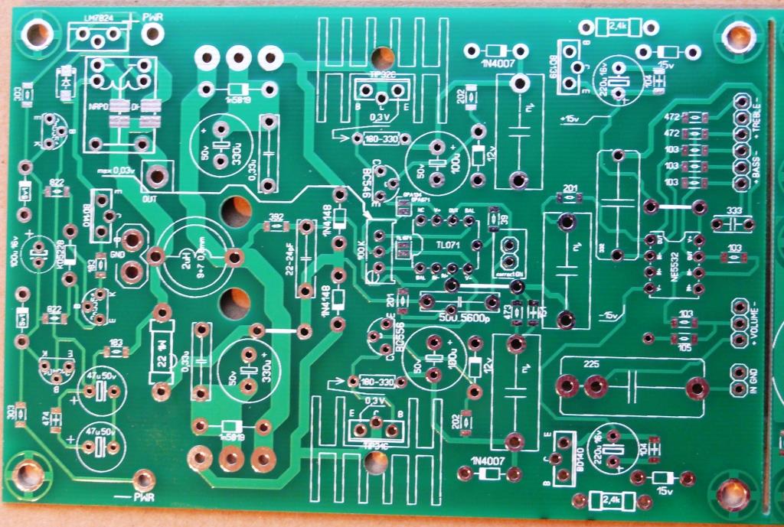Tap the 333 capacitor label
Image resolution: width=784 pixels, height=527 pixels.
[x=733, y=211]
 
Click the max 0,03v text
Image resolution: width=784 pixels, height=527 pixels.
[x=117, y=170]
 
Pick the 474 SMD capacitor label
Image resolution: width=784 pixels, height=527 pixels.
[x=45, y=419]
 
